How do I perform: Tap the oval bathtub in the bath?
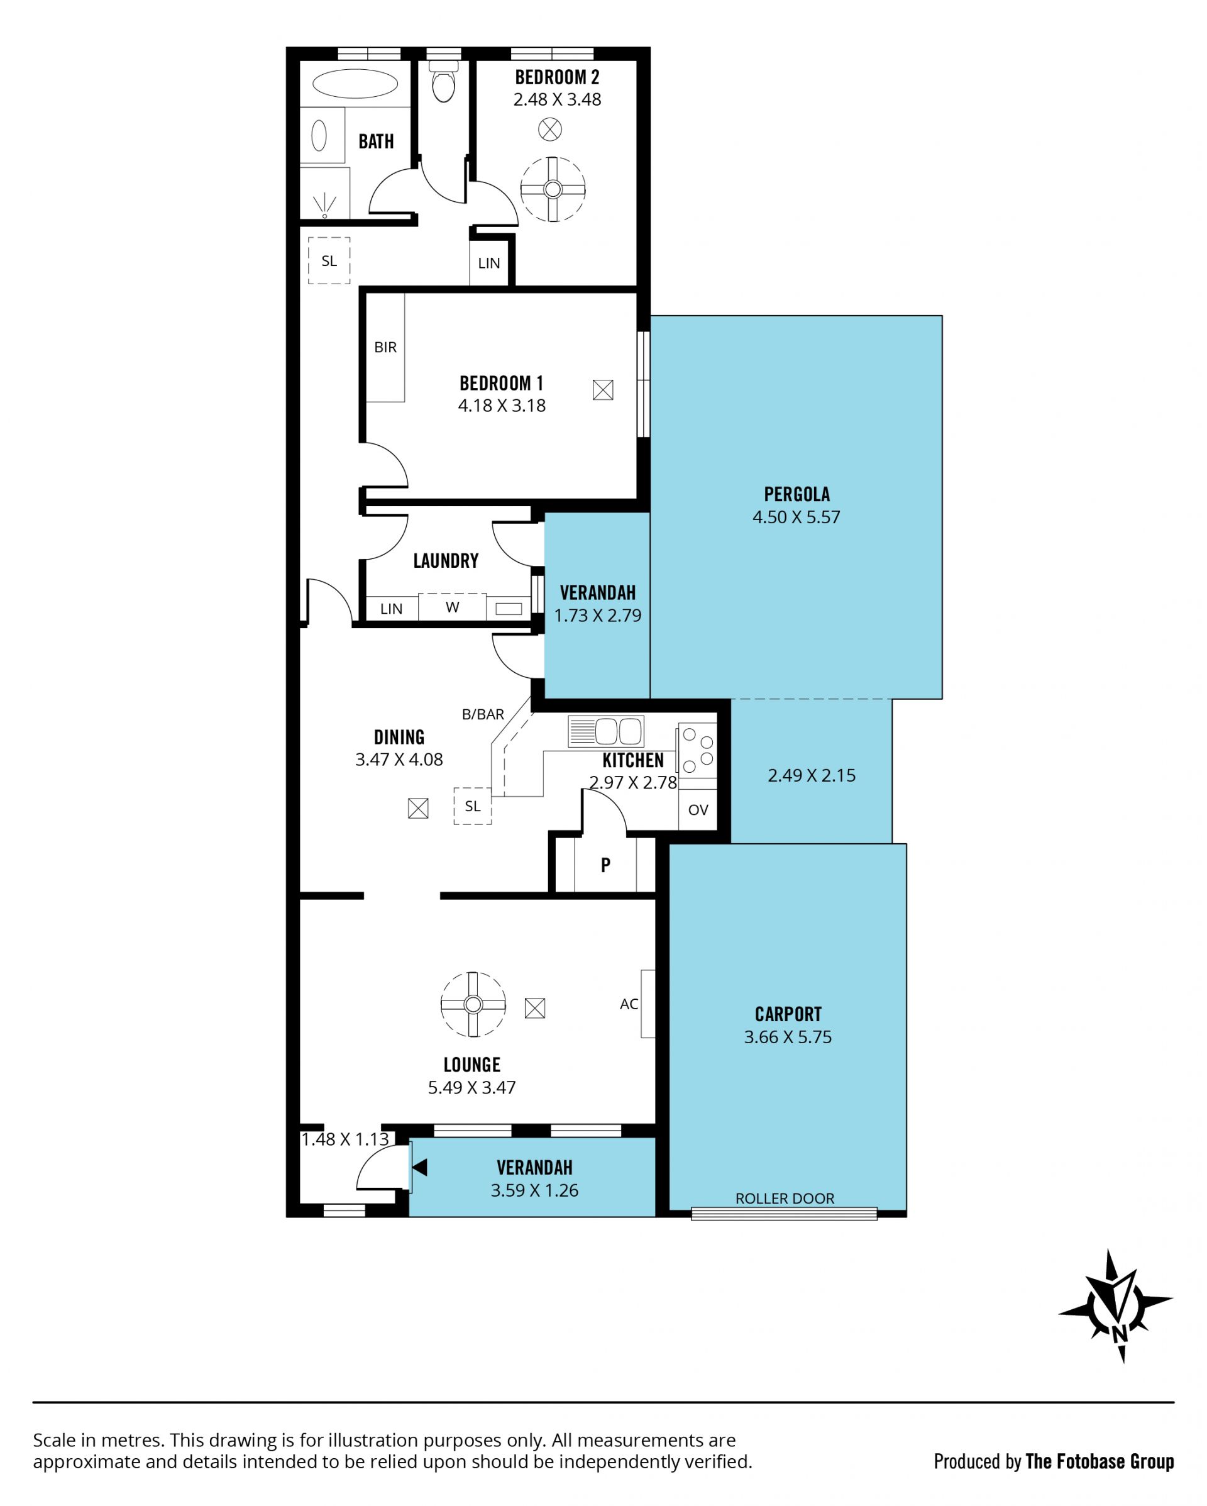pyautogui.click(x=355, y=84)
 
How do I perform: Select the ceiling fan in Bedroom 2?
pyautogui.click(x=553, y=189)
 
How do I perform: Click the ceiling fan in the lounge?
pyautogui.click(x=473, y=1004)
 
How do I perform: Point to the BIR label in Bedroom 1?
pyautogui.click(x=385, y=347)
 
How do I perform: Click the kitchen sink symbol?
pyautogui.click(x=605, y=731)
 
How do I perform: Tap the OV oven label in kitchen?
pyautogui.click(x=698, y=809)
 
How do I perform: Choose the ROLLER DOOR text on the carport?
pyautogui.click(x=785, y=1199)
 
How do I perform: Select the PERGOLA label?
pyautogui.click(x=796, y=494)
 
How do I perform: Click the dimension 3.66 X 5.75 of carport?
pyautogui.click(x=787, y=1038)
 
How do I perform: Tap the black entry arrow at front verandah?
pyautogui.click(x=420, y=1167)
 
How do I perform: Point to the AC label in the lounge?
pyautogui.click(x=629, y=1004)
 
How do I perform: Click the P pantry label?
pyautogui.click(x=605, y=865)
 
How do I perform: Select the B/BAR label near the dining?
pyautogui.click(x=483, y=714)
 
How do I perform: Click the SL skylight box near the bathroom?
pyautogui.click(x=329, y=260)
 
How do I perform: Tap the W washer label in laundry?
pyautogui.click(x=453, y=607)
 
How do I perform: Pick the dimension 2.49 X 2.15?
pyautogui.click(x=811, y=775)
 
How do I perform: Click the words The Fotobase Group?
pyautogui.click(x=1100, y=1461)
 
